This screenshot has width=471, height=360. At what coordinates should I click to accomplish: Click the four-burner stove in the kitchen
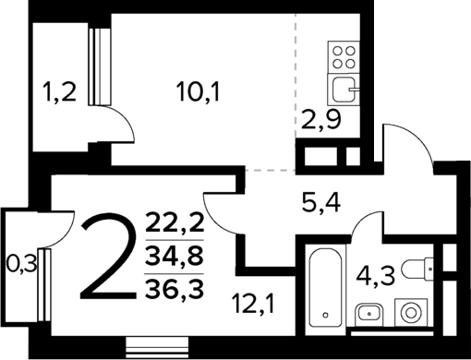click(344, 57)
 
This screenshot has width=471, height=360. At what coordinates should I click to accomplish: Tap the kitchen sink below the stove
click(344, 90)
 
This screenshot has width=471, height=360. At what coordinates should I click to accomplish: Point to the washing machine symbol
click(406, 311)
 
